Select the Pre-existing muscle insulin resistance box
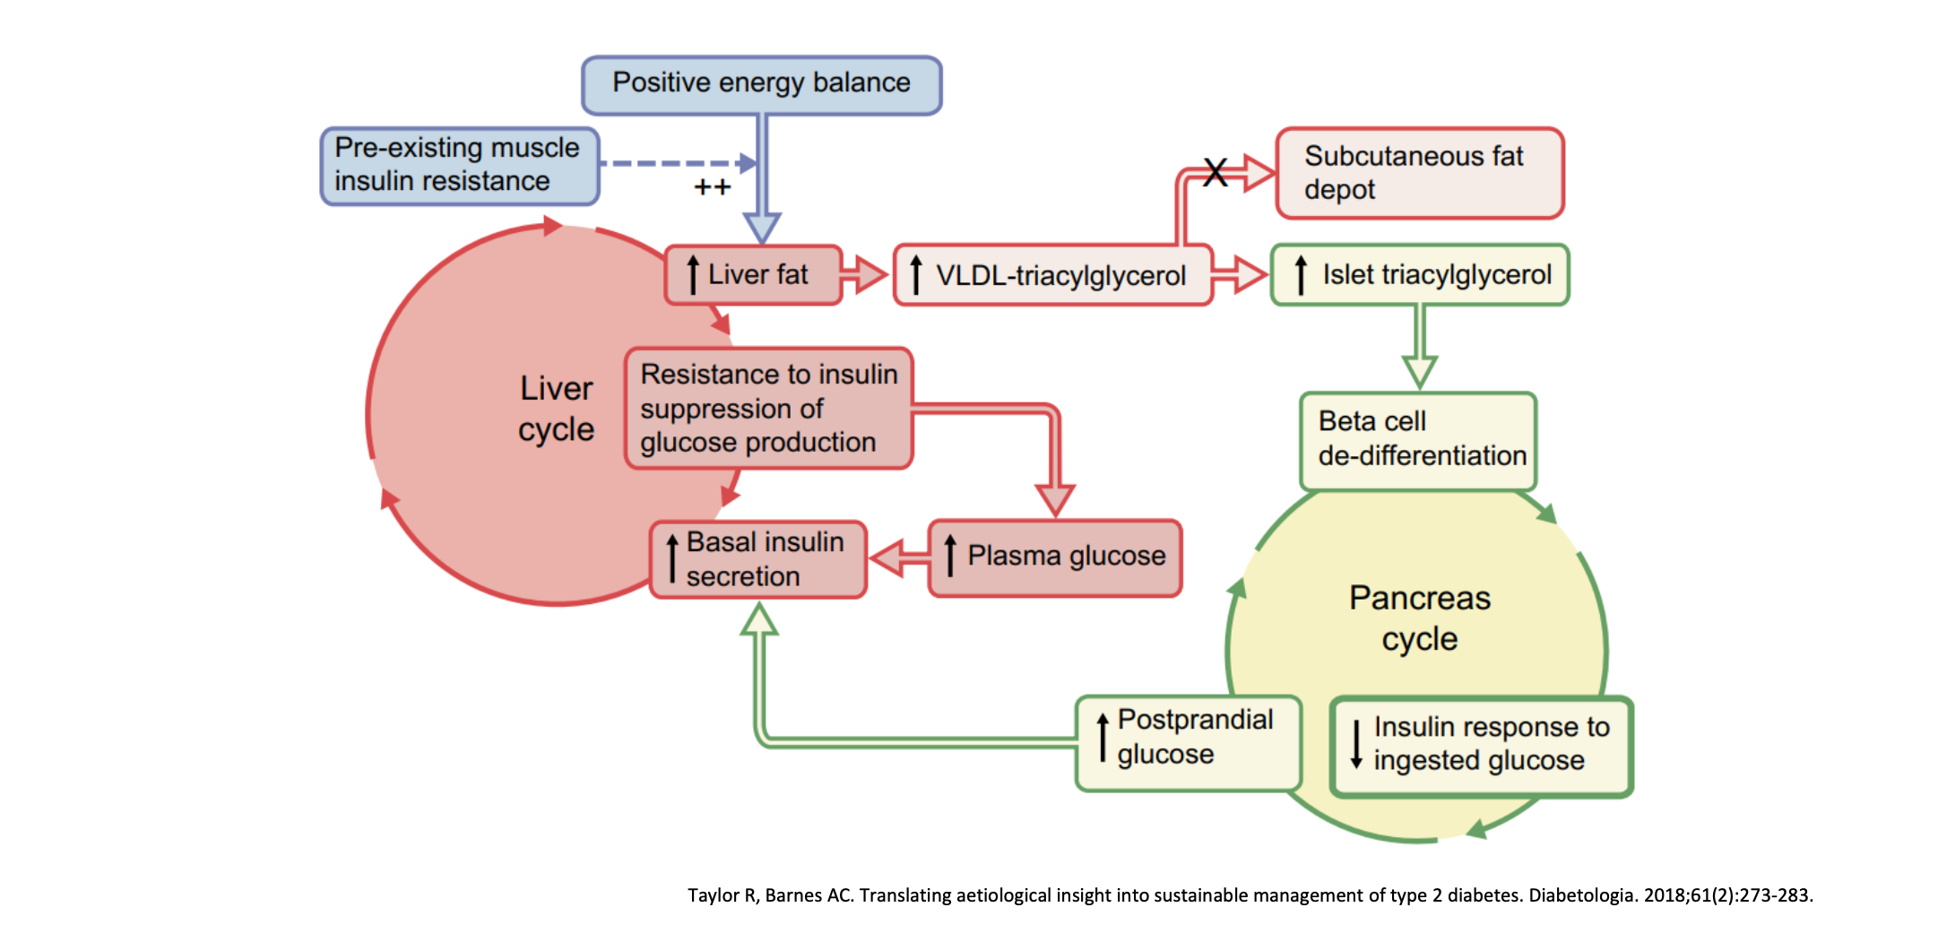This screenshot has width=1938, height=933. click(459, 166)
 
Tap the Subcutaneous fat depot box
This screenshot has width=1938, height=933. click(1419, 173)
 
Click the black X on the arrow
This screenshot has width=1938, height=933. click(1215, 171)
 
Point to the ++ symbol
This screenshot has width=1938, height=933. click(713, 187)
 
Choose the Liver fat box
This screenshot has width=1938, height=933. click(753, 275)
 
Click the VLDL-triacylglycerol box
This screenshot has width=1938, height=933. click(1052, 275)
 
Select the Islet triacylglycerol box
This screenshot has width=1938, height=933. click(1420, 274)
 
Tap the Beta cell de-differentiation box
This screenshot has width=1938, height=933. click(1418, 439)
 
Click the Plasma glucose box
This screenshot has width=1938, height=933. click(1055, 557)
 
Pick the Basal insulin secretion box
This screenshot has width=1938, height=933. click(758, 559)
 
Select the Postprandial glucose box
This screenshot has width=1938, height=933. click(1188, 742)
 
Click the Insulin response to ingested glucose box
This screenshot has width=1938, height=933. click(1481, 746)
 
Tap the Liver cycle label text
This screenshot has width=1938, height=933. click(556, 409)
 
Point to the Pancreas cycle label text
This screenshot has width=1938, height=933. click(1419, 618)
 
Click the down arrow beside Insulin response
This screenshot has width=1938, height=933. click(1356, 745)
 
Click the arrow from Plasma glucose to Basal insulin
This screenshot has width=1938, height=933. click(897, 558)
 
